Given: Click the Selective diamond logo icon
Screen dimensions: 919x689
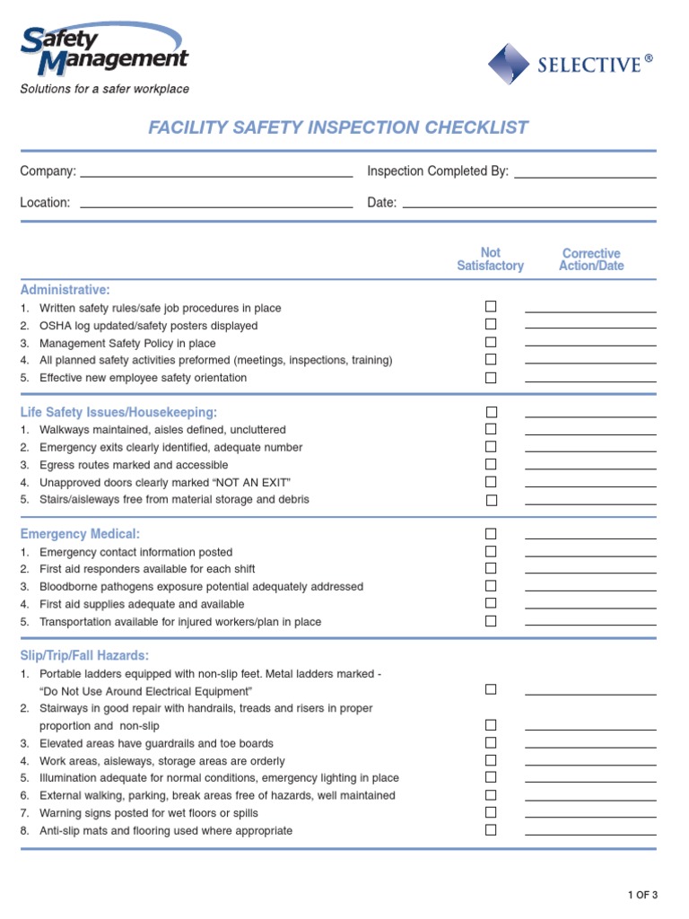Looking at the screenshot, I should (x=509, y=64).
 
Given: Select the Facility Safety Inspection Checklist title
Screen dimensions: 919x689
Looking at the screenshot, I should (x=338, y=127).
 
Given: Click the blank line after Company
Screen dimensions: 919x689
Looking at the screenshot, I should (x=216, y=173).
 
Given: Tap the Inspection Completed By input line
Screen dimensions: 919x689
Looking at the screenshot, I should (x=585, y=173).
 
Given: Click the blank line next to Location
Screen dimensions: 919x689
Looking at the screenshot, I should (x=216, y=204).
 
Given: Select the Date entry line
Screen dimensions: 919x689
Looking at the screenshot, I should (x=529, y=204).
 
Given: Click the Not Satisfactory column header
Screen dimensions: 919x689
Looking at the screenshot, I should (x=490, y=259).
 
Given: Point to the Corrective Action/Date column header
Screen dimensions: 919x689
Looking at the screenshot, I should (x=590, y=259).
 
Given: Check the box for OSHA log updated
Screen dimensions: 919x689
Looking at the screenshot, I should (x=491, y=325).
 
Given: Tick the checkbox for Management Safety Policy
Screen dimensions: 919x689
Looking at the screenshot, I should (x=491, y=342).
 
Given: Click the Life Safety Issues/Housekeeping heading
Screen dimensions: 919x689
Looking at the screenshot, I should (x=118, y=412).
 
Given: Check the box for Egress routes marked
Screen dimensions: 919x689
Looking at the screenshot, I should (x=491, y=464).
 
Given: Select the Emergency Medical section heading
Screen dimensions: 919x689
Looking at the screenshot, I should (x=80, y=534).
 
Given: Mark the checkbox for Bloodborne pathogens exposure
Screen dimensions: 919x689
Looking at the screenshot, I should (x=491, y=586).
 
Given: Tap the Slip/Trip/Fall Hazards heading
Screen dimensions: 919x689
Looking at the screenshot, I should (x=84, y=655).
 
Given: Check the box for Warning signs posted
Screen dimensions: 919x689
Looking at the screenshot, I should (x=491, y=812).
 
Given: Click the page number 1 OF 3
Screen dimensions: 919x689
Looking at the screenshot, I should (x=642, y=894).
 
